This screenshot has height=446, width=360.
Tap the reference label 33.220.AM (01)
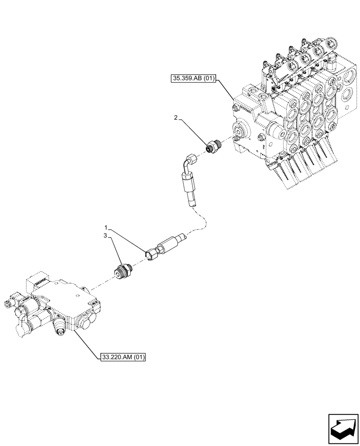pos(123,357)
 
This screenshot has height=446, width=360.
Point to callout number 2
pos(176,118)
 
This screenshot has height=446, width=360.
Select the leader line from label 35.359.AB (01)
pos(225,89)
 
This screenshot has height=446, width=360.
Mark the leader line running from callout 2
pos(193,132)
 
